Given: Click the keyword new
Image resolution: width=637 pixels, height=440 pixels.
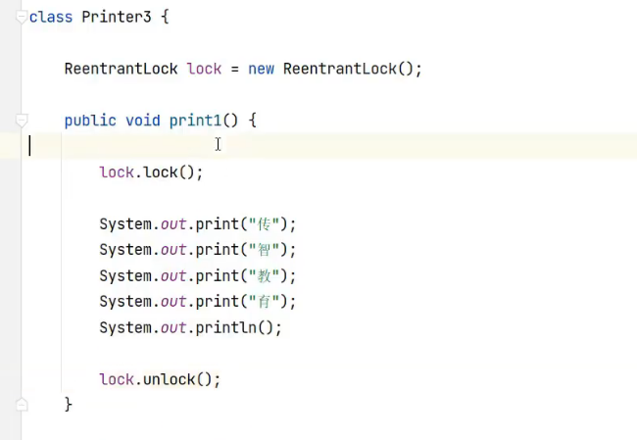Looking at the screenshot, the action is click(x=261, y=70).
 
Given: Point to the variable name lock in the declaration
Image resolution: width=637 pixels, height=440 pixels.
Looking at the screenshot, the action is click(x=204, y=70).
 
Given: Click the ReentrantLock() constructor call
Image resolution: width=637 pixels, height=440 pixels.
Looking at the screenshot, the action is click(x=351, y=70).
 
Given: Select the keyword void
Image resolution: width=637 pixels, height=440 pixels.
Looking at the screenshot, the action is click(x=143, y=121).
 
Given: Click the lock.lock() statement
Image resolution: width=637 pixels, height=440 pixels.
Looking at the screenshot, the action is click(x=151, y=172).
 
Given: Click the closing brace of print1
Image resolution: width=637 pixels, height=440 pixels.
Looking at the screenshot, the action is click(x=69, y=404).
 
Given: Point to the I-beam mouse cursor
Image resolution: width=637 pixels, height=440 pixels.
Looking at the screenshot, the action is click(x=218, y=145).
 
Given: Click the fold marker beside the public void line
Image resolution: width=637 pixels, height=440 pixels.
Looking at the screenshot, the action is click(x=22, y=121).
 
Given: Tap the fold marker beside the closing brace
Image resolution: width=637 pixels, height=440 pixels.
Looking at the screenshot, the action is click(x=22, y=404).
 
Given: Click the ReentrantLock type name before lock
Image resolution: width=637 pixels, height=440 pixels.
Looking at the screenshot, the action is click(x=121, y=70).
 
